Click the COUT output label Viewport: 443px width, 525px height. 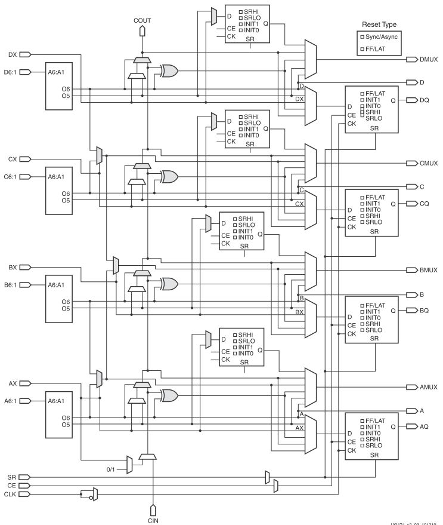click(x=142, y=20)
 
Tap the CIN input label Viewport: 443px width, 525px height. click(x=153, y=520)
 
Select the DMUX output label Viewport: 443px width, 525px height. click(x=428, y=60)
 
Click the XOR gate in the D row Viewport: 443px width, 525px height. click(x=169, y=71)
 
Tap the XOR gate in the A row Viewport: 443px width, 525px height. click(x=169, y=395)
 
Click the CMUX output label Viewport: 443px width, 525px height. click(x=428, y=163)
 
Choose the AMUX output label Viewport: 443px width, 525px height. click(x=428, y=387)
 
